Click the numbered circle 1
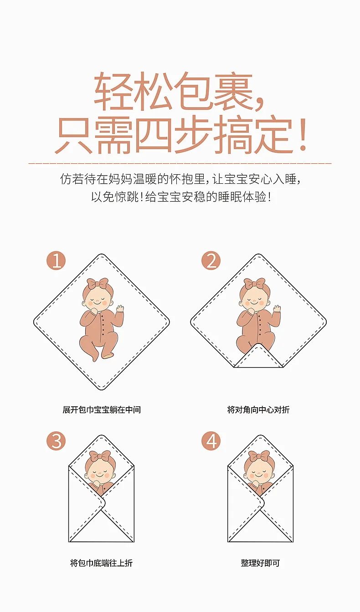pos(56,261)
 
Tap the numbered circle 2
pos(211,261)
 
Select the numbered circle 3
pos(56,441)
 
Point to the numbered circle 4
pos(211,441)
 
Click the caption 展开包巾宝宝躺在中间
pos(102,410)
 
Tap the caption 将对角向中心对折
pos(258,410)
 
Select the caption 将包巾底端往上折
pos(101,563)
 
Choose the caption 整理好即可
pos(260,563)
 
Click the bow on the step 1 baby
pos(98,284)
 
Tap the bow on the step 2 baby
pos(254,284)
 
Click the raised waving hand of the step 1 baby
pos(120,308)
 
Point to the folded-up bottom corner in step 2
pos(258,356)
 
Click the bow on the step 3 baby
pos(100,456)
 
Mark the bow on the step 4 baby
pos(259,456)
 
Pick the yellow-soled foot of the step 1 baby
pos(108,355)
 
